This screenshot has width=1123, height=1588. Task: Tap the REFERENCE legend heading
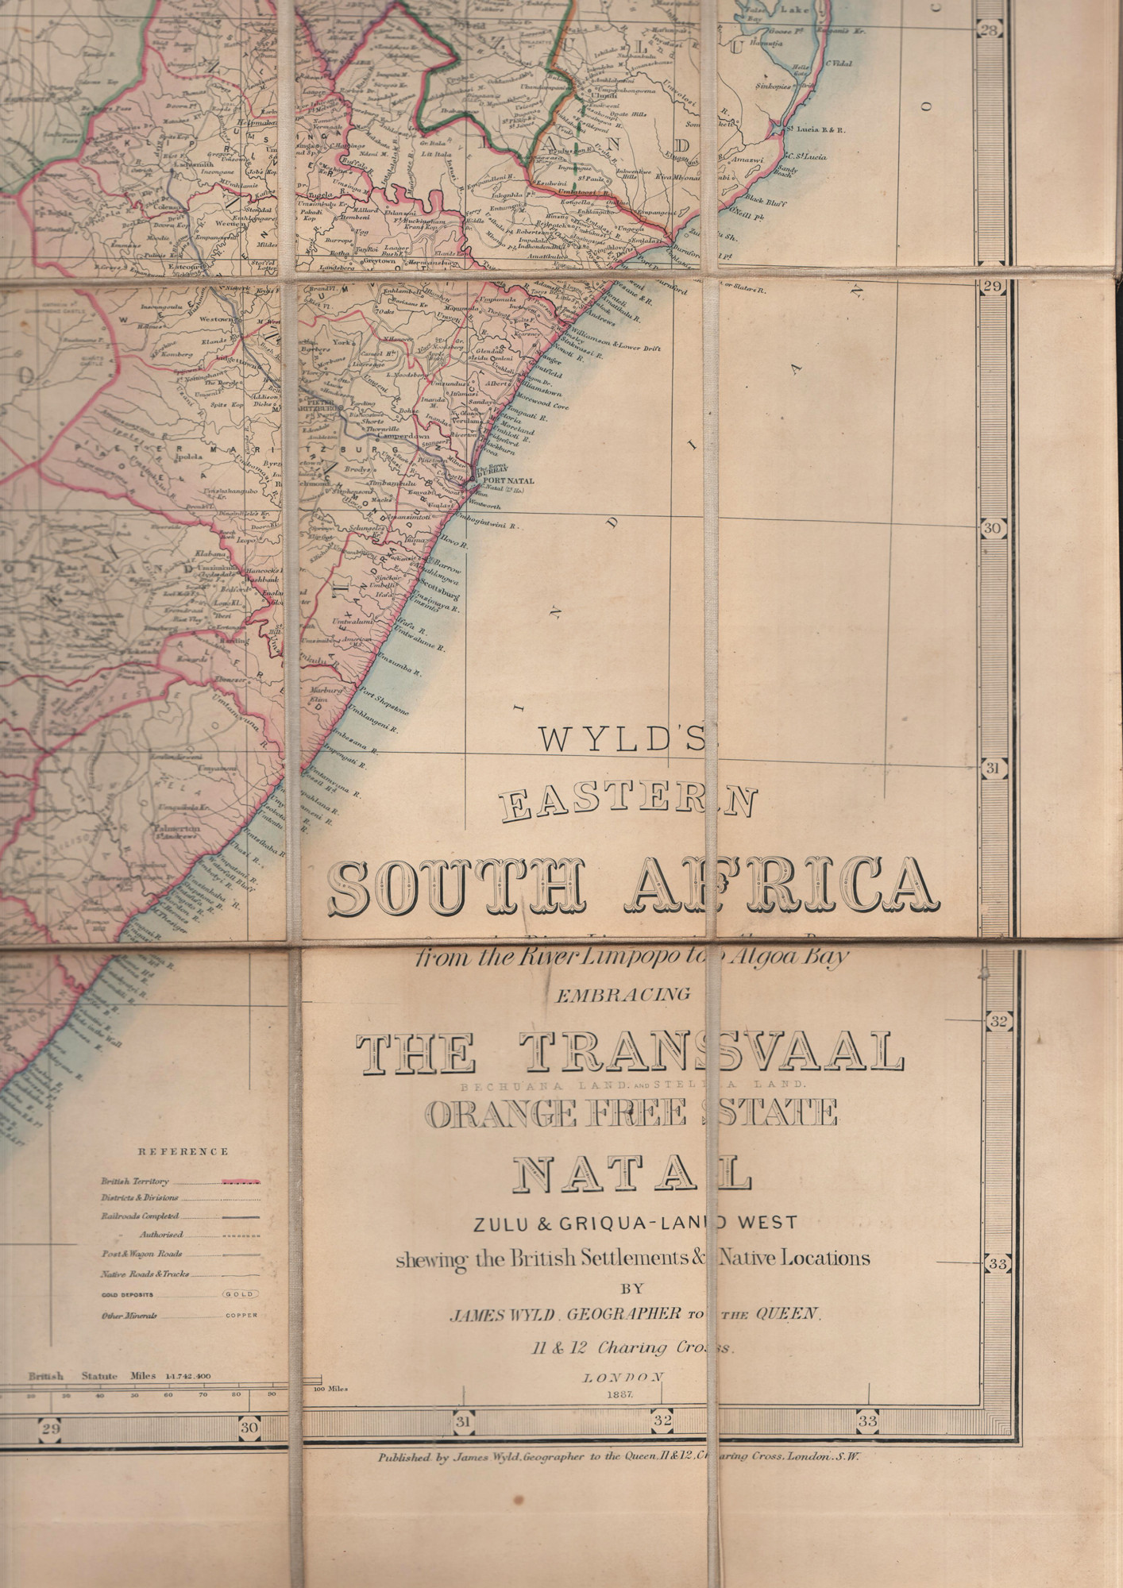[x=183, y=1151]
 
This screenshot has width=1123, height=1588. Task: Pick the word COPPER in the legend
[x=241, y=1315]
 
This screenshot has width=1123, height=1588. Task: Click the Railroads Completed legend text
[x=140, y=1216]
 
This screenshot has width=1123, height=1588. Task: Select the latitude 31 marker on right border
[x=992, y=769]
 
